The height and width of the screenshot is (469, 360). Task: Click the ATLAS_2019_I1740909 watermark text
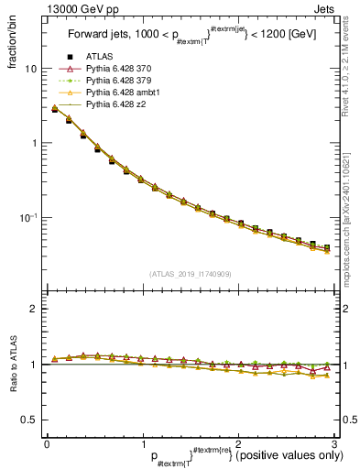[191, 274]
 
